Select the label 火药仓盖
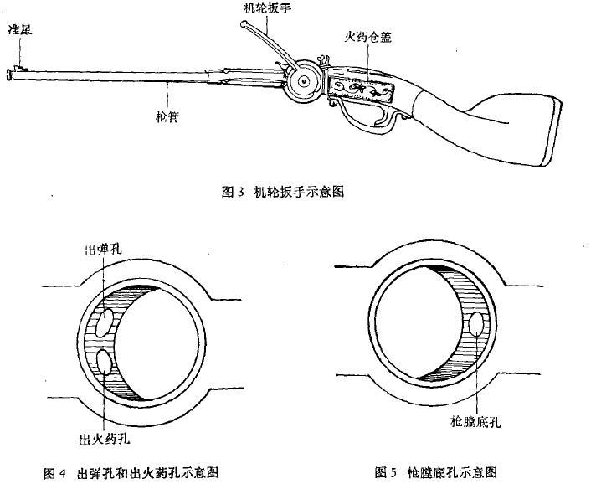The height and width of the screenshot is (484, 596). point(363,38)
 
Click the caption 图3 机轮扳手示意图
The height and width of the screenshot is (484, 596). point(282,192)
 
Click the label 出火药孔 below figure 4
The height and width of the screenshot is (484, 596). point(104,437)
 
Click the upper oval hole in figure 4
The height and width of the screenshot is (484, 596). point(105,322)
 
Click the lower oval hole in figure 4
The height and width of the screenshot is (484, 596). point(105,363)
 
